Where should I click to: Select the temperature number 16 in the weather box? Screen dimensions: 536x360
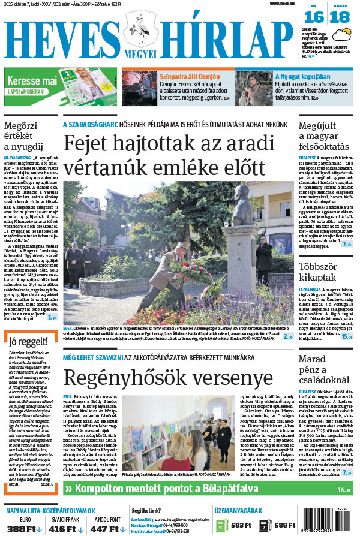coord(317,17)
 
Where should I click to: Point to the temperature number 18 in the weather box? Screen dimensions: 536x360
coord(340,17)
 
